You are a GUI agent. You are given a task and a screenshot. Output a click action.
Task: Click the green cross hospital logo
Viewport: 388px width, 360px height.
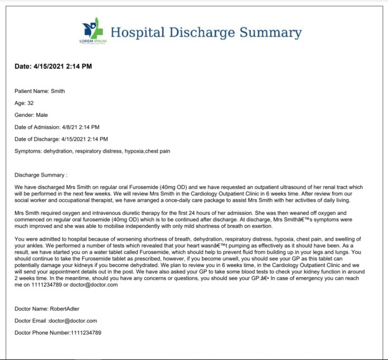click(92, 29)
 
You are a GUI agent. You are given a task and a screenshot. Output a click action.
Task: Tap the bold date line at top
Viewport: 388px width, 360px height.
click(53, 66)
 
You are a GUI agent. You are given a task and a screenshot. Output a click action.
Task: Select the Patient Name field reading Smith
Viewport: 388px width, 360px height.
click(40, 91)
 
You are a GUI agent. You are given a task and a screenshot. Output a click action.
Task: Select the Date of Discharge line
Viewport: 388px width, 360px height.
click(61, 139)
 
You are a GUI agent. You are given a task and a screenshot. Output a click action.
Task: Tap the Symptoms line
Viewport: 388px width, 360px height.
click(92, 151)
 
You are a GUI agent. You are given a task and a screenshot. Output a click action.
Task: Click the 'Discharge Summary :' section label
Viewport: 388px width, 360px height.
click(40, 175)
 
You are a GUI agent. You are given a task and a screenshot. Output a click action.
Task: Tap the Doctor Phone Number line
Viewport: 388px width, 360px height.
click(58, 332)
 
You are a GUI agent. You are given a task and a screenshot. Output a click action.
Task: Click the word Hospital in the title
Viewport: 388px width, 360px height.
click(136, 33)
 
